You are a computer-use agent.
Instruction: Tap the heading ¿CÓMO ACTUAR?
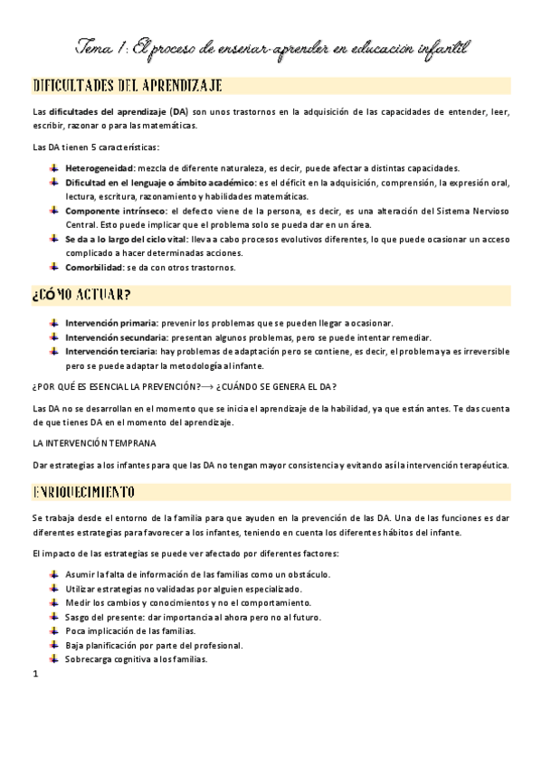click(x=81, y=296)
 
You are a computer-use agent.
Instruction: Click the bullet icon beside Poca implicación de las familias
click(x=54, y=630)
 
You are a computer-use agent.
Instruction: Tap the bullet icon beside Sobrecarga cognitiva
click(x=54, y=658)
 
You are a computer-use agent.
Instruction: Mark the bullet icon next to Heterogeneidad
click(x=54, y=168)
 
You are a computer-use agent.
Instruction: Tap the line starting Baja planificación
click(x=141, y=645)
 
